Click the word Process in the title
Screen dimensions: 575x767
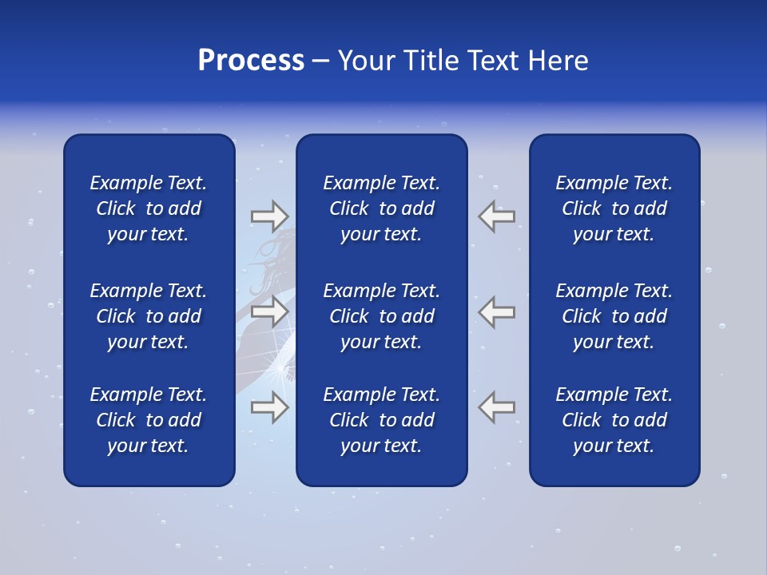[x=251, y=61]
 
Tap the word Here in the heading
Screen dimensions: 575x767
[x=558, y=61]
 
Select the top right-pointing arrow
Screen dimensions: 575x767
[x=269, y=216]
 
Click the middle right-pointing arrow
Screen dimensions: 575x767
[x=269, y=311]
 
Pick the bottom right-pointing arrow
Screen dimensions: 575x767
[x=269, y=407]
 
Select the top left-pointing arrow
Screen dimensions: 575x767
[x=497, y=216]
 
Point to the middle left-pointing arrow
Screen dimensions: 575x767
[x=497, y=311]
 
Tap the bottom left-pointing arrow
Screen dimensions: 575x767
[x=497, y=407]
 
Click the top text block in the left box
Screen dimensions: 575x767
[x=149, y=208]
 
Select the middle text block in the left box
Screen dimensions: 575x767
[x=149, y=316]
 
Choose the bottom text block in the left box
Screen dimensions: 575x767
[x=149, y=420]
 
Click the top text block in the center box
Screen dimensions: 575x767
[x=382, y=208]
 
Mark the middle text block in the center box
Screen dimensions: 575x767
[x=382, y=316]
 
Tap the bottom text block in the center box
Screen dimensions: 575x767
[x=382, y=420]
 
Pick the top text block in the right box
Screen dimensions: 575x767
[x=614, y=208]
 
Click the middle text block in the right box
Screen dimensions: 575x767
[x=614, y=316]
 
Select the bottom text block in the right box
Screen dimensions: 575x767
[x=614, y=420]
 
